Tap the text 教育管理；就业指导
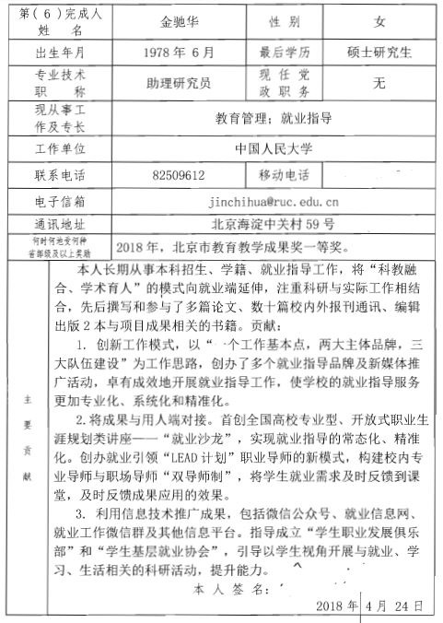(x=274, y=117)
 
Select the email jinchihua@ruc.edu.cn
(x=274, y=199)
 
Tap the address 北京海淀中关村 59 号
(x=274, y=223)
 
